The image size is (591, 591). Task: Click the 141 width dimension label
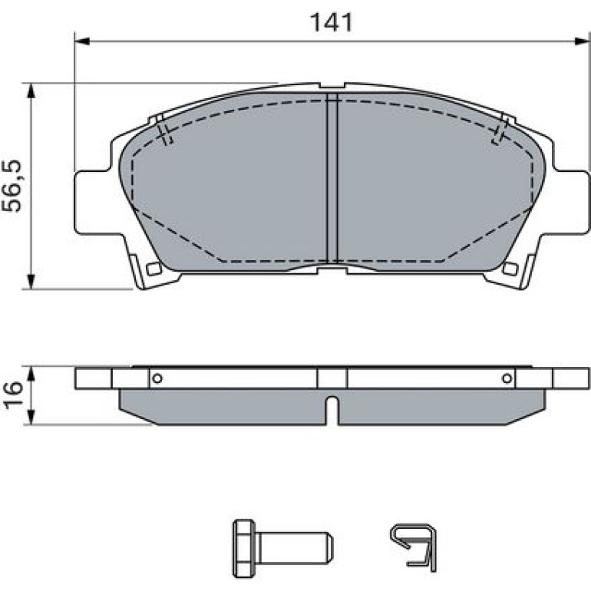click(x=331, y=22)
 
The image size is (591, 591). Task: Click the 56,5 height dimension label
click(x=12, y=186)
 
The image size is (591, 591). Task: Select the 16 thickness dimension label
click(x=12, y=395)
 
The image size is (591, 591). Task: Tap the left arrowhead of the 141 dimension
click(x=82, y=41)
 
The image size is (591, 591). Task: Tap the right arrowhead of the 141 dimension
click(x=582, y=41)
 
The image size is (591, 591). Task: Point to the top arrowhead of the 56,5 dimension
click(x=31, y=91)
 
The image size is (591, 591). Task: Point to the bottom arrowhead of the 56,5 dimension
click(x=31, y=282)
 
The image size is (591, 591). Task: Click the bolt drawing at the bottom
click(x=282, y=549)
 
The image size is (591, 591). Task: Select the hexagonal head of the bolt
click(x=244, y=549)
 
